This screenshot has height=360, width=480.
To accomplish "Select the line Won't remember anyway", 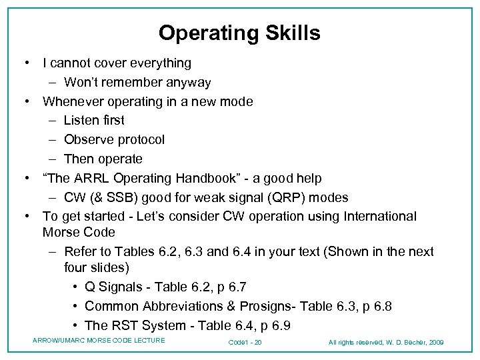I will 137,83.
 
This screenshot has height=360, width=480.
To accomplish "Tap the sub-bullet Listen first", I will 94,121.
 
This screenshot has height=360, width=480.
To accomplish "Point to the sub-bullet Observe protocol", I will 114,140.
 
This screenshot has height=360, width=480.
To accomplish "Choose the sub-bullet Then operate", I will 103,159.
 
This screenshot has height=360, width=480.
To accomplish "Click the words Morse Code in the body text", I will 79,233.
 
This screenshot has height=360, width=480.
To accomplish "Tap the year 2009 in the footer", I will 436,343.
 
